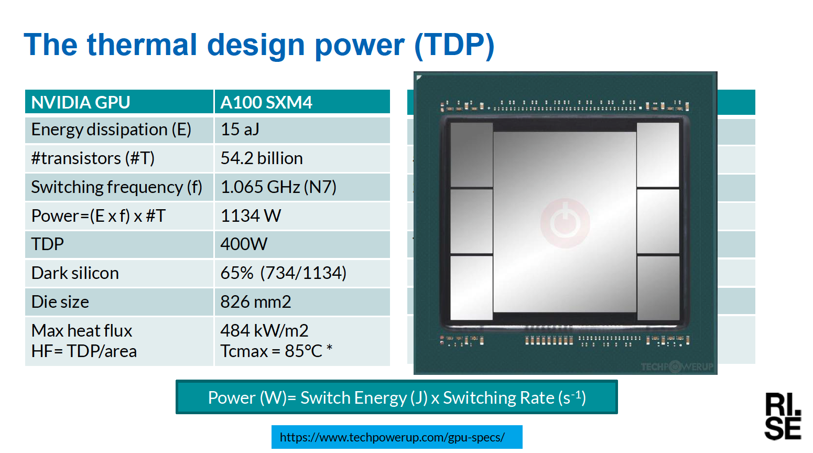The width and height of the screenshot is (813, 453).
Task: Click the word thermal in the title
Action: click(x=142, y=45)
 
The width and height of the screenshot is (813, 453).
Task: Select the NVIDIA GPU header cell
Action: click(x=119, y=102)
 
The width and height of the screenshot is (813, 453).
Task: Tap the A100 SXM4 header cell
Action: click(x=302, y=102)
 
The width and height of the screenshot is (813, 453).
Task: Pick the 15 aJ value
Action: click(x=240, y=129)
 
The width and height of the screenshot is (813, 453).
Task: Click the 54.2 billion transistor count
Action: click(x=262, y=158)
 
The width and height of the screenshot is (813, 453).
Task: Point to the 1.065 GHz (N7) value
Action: click(x=278, y=187)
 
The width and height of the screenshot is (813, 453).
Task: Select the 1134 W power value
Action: click(x=251, y=215)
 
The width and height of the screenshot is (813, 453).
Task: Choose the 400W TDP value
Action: click(x=244, y=244)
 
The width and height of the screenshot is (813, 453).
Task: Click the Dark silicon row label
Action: click(x=75, y=273)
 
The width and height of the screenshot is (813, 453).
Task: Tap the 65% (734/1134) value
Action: click(x=284, y=273)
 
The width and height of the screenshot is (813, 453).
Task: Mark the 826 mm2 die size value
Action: click(x=256, y=301)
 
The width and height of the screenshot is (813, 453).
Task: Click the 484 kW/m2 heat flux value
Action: click(x=264, y=331)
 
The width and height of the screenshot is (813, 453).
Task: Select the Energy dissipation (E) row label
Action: click(x=111, y=130)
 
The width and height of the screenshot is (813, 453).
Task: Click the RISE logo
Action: click(x=783, y=416)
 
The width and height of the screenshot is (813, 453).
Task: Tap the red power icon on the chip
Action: click(x=565, y=223)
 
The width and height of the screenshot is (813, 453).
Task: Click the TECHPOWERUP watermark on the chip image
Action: click(x=677, y=366)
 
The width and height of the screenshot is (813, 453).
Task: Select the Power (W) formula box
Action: click(x=397, y=397)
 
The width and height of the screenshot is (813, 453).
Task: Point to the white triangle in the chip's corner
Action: click(x=418, y=77)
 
